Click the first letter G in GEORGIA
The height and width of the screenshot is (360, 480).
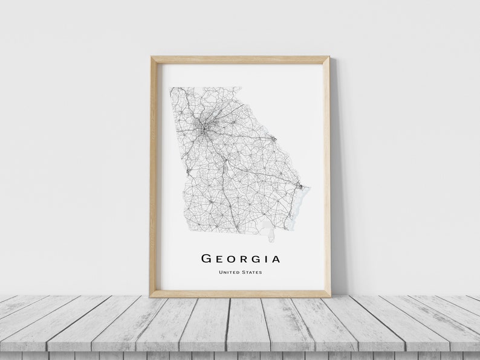206,259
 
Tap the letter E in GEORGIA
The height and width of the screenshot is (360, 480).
219,259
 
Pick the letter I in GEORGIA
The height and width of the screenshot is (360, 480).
265,259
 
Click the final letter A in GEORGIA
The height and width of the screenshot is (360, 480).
276,259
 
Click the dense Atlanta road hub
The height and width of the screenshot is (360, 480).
203,127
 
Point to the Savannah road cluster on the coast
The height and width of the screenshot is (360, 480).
299,186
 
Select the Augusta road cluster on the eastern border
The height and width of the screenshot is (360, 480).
273,139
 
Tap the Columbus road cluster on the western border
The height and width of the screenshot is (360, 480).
189,172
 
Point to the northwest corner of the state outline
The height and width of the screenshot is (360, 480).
170,88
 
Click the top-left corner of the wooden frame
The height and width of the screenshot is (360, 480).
151,57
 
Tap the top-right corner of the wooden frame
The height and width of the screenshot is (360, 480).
329,57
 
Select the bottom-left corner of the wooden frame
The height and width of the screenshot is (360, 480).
151,297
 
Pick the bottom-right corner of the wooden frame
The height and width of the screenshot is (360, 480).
330,297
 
